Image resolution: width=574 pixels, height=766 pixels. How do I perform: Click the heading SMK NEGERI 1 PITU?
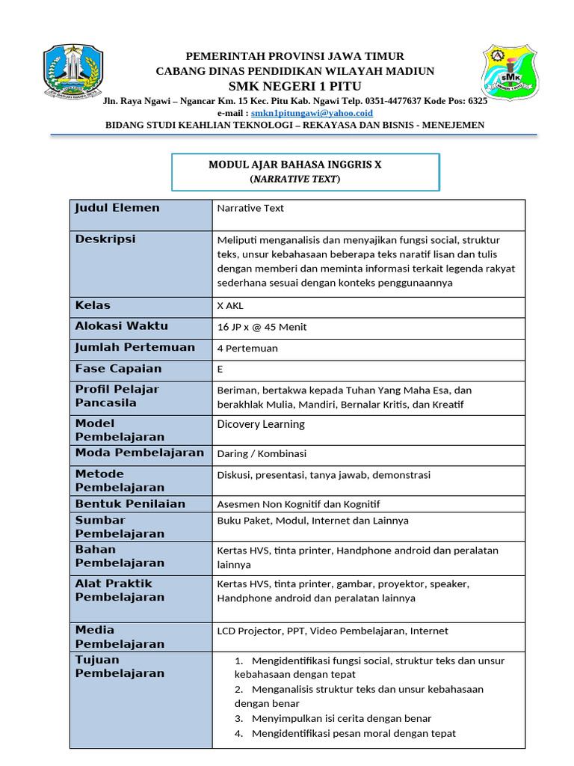click(x=294, y=86)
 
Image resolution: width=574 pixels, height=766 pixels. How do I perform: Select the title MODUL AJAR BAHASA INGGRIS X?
click(x=294, y=165)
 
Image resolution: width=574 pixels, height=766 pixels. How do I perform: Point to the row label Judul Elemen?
click(x=117, y=208)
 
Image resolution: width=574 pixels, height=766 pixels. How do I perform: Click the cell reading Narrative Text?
click(x=250, y=209)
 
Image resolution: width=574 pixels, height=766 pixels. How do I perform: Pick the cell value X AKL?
click(x=230, y=306)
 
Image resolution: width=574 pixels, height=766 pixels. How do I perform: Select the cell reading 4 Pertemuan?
click(x=247, y=348)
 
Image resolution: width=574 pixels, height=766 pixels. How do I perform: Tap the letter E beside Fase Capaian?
click(x=220, y=369)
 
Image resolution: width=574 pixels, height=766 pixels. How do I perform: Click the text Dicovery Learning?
click(x=261, y=424)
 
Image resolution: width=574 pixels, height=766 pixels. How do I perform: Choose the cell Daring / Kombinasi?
click(x=262, y=453)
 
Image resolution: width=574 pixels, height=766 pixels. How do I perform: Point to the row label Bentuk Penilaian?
click(x=130, y=503)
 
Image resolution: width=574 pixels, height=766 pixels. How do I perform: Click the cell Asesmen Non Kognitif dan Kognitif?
click(x=298, y=504)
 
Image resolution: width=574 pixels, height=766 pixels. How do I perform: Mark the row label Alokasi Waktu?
click(x=122, y=326)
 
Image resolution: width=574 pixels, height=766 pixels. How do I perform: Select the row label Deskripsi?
click(x=105, y=239)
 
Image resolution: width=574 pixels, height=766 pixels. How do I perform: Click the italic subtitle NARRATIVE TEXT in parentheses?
click(x=294, y=180)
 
